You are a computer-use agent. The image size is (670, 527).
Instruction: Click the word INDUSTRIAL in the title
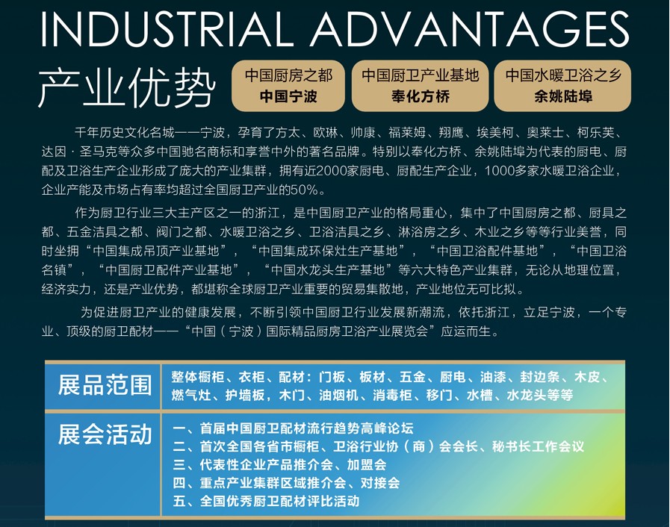[x=167, y=29]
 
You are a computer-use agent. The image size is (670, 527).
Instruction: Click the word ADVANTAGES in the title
[x=470, y=29]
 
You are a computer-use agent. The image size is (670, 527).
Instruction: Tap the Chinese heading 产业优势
[x=127, y=88]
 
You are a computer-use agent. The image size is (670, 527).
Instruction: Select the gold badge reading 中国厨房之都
[x=288, y=86]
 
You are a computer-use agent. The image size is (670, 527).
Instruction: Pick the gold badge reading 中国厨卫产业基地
[x=420, y=86]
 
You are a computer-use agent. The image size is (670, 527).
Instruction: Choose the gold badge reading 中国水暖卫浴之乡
[x=562, y=86]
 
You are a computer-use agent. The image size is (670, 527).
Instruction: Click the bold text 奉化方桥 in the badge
[x=420, y=96]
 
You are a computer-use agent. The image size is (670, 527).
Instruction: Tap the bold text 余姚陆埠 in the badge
[x=562, y=96]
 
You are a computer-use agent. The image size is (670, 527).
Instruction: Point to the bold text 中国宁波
[x=288, y=96]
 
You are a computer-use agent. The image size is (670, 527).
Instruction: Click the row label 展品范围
[x=105, y=384]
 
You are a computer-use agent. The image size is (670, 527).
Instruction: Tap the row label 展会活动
[x=105, y=434]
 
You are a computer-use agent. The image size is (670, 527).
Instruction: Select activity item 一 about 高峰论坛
[x=293, y=428]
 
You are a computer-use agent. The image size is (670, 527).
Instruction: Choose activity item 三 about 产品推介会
[x=280, y=464]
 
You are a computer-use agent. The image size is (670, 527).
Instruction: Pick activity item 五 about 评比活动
[x=266, y=501]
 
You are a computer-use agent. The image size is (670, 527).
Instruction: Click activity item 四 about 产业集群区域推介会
[x=286, y=482]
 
